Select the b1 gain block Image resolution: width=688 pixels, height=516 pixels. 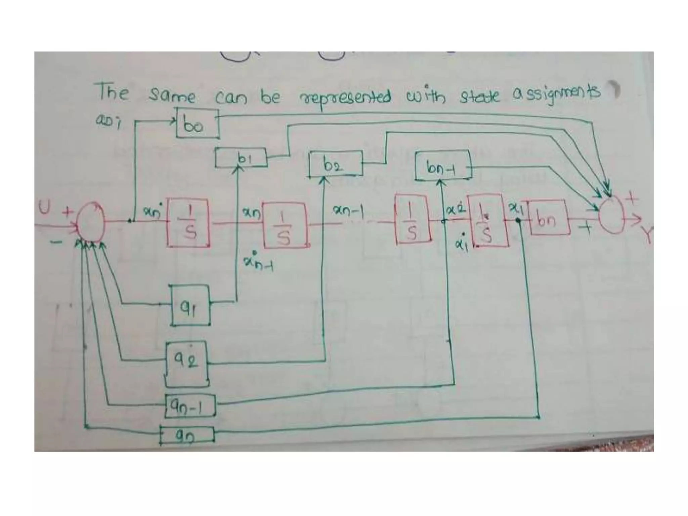coord(241,158)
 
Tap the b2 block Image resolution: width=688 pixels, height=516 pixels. coord(336,164)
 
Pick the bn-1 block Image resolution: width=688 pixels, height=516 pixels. coord(443,167)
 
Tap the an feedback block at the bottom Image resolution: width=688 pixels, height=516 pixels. coord(186,436)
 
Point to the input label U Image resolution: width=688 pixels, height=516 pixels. coord(44,208)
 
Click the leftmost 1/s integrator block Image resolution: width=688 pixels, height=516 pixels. coord(188,223)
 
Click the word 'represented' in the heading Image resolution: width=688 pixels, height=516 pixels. coord(345,97)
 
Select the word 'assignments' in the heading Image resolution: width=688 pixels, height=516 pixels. coord(556,94)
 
